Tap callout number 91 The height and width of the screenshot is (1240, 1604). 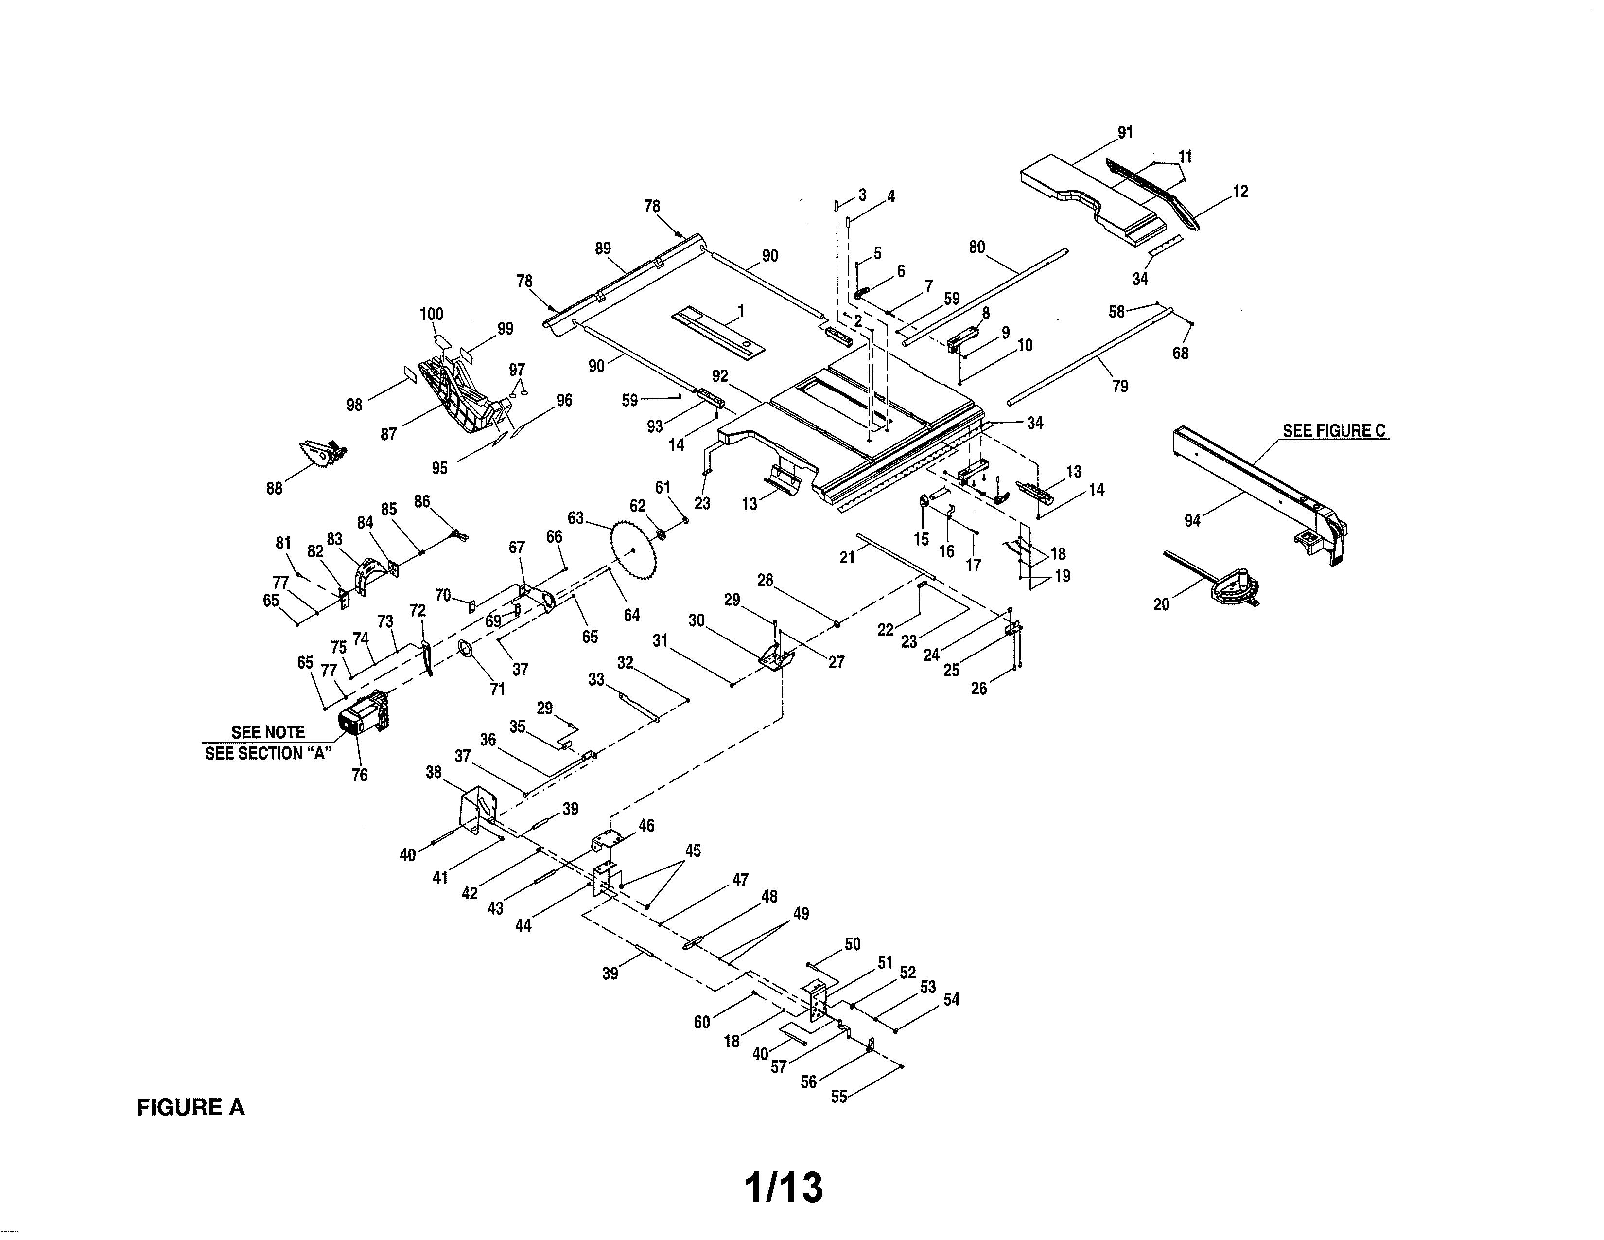pos(1124,133)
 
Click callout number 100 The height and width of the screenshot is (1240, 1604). pos(431,315)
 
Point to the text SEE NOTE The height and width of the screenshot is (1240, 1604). pos(268,732)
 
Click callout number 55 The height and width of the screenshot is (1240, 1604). pos(839,1097)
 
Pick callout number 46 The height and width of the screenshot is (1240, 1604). pos(646,826)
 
